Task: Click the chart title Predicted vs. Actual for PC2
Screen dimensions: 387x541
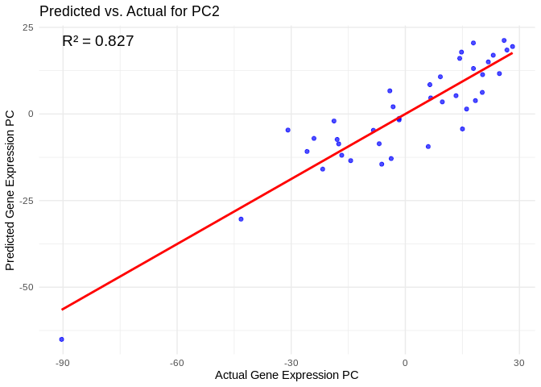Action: (x=129, y=11)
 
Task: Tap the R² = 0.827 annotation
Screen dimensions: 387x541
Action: (x=97, y=41)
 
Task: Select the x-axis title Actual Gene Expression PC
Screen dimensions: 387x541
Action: (x=287, y=375)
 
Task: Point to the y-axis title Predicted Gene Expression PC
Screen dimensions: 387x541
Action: (x=10, y=190)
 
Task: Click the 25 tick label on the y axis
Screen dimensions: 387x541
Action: (x=27, y=27)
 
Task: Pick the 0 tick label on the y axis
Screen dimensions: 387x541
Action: (x=31, y=114)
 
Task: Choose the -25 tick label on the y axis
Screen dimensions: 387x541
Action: (x=26, y=201)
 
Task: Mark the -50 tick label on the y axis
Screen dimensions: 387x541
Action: (x=26, y=287)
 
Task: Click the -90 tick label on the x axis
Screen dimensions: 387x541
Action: (x=62, y=363)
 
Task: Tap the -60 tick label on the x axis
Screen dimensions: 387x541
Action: (x=176, y=363)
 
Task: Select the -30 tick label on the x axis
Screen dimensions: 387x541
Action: (x=291, y=363)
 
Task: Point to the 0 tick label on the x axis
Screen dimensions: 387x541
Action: (x=405, y=363)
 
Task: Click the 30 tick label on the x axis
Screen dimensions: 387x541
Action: (x=519, y=363)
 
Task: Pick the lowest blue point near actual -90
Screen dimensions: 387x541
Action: (x=61, y=339)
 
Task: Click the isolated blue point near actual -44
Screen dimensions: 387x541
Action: (x=241, y=219)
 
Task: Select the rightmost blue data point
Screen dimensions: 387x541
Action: (x=512, y=47)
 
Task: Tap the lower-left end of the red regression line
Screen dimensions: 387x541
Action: (x=62, y=309)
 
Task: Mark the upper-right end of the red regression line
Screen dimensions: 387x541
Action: (x=512, y=53)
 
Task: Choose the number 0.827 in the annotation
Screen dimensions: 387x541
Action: (x=114, y=41)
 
